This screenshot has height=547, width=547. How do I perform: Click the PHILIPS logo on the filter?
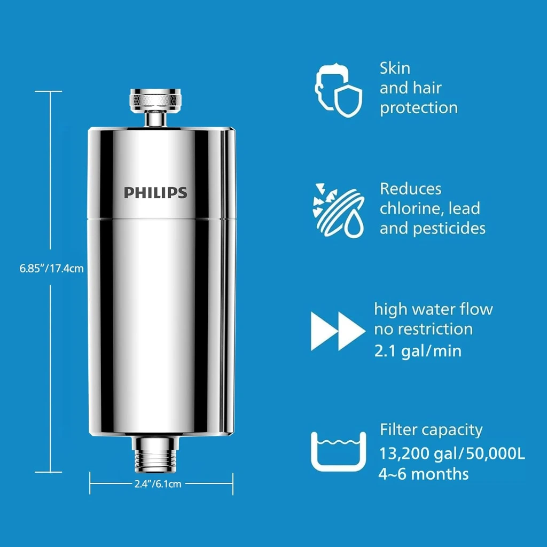point(155,192)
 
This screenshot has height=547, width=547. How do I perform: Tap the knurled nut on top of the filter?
point(155,100)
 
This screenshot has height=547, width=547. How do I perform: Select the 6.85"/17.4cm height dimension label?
point(52,268)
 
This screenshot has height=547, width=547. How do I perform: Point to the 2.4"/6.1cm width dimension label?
point(158,484)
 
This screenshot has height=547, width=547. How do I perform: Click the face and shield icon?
point(338,90)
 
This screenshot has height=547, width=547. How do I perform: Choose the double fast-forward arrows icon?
point(338,331)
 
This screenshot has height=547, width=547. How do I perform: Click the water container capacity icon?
point(338,451)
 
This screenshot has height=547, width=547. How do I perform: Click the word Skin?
point(395,68)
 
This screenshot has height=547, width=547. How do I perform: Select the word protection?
point(419,108)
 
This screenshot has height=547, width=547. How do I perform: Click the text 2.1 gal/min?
point(418,350)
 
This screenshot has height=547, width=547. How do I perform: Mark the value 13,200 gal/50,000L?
point(452,454)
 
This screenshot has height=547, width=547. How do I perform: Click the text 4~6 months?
point(424,474)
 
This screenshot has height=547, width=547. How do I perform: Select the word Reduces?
point(411,189)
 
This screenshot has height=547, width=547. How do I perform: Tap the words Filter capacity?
point(431,430)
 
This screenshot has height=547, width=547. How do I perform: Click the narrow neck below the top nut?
point(155,119)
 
